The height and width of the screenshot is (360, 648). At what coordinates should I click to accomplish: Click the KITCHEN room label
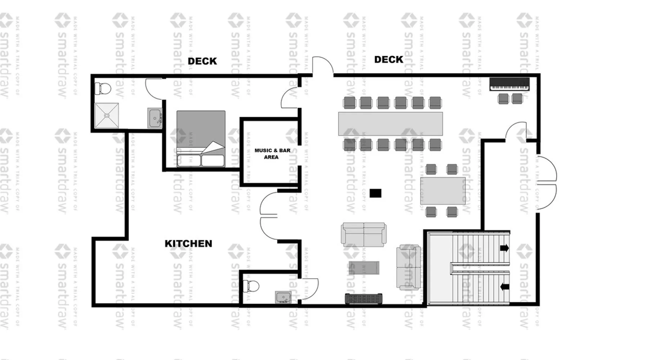(188, 244)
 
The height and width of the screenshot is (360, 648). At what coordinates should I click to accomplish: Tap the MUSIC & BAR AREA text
(272, 154)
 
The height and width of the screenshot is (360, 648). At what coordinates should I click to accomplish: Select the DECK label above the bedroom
(202, 61)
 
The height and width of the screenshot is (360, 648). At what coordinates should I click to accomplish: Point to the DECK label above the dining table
(388, 59)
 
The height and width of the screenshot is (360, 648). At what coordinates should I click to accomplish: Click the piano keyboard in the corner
(509, 84)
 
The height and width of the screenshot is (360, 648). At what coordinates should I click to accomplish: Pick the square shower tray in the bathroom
(107, 115)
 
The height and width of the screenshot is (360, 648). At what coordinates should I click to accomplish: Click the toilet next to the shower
(103, 88)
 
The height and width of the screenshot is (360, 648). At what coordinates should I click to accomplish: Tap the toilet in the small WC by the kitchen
(251, 286)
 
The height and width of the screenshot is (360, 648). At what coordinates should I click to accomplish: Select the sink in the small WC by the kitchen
(283, 297)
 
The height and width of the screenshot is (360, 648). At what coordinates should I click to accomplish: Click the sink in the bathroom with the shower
(155, 118)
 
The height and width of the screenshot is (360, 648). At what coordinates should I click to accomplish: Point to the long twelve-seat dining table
(390, 124)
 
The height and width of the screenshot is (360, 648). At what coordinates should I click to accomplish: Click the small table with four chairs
(442, 191)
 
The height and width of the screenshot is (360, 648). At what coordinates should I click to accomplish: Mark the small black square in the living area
(375, 193)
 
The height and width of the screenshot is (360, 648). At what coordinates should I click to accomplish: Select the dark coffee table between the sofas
(364, 268)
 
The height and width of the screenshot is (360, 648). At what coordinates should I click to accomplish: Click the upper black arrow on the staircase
(504, 248)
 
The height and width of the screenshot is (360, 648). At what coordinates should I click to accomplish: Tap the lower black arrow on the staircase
(504, 287)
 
